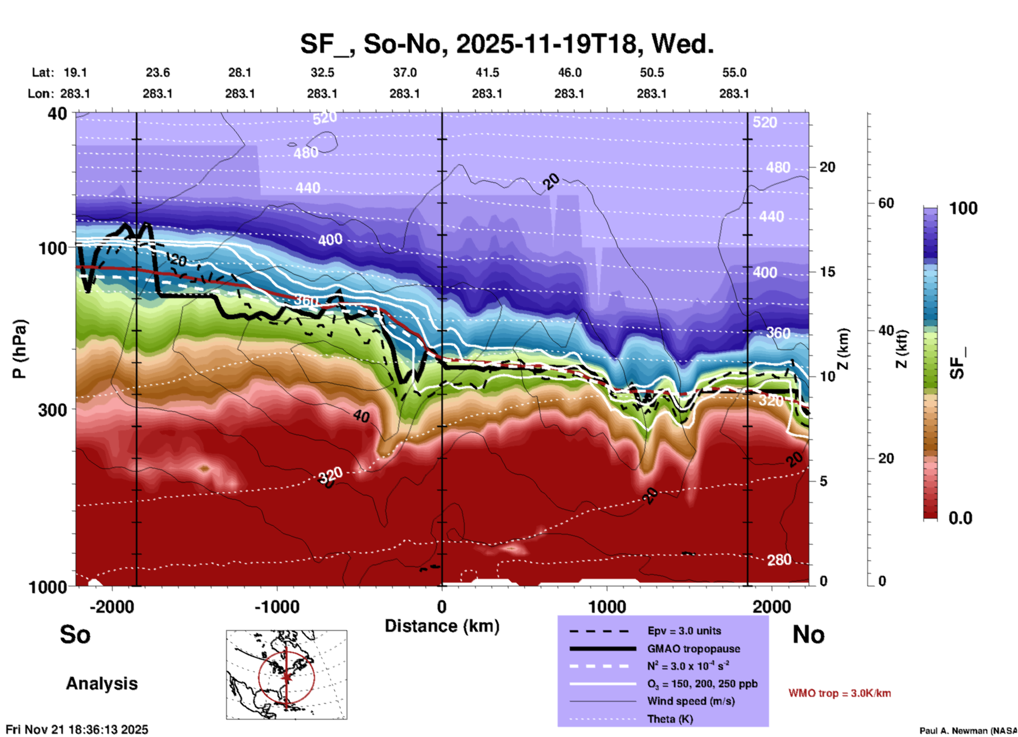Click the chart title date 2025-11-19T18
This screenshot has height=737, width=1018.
547,44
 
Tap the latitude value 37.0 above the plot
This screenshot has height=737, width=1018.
404,72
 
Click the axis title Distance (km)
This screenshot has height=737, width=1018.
442,626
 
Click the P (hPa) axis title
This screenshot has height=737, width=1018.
20,349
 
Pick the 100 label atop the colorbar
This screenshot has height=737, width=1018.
963,208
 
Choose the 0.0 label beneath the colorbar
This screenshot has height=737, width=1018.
960,518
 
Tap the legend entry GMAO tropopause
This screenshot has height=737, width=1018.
693,649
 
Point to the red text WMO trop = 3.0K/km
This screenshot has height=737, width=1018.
839,693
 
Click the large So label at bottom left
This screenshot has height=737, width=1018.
75,634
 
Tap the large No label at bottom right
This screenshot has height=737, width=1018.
808,634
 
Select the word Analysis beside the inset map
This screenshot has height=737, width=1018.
101,684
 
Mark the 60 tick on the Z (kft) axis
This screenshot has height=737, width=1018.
886,203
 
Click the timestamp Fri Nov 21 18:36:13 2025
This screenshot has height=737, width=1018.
77,730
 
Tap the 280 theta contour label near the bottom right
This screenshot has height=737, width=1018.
779,560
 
